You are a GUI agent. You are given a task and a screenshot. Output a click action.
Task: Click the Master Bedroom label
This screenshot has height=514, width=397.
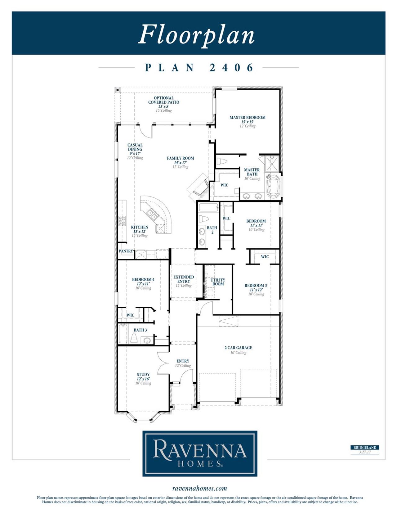(x=247, y=118)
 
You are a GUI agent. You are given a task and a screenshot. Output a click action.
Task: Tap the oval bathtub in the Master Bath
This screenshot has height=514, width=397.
(x=273, y=187)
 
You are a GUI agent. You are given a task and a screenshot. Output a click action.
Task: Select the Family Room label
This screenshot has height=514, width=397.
(x=180, y=158)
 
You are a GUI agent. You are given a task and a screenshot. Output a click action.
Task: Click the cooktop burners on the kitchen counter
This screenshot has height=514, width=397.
(x=122, y=221)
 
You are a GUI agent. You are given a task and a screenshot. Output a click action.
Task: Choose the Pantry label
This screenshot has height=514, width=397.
(x=126, y=251)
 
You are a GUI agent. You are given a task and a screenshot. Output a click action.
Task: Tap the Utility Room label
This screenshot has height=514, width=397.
(x=218, y=282)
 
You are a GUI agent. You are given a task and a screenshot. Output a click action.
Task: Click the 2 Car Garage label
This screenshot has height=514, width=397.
(x=238, y=348)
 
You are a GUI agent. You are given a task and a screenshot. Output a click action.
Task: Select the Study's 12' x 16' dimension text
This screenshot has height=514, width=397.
(x=143, y=379)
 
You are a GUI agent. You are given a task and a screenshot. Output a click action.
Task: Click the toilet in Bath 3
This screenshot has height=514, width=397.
(x=134, y=338)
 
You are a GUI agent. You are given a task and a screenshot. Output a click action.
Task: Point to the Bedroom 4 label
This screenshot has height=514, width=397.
(x=143, y=280)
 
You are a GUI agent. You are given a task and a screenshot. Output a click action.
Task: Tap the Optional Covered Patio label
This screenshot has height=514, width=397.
(x=163, y=100)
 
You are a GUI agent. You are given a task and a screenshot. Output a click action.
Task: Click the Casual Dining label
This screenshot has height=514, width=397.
(x=135, y=147)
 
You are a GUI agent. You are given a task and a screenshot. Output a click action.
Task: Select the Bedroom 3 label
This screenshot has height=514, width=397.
(x=256, y=286)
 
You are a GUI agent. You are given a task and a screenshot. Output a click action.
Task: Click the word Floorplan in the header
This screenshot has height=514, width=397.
(x=196, y=34)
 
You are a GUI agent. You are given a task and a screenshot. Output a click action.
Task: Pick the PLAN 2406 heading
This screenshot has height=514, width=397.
(x=199, y=68)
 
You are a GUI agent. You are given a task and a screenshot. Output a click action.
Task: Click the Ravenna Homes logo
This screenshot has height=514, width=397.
(x=200, y=453)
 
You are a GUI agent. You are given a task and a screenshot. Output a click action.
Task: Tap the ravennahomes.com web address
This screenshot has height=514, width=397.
(x=199, y=489)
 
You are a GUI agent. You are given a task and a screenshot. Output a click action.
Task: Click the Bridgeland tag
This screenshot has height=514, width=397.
(x=365, y=448)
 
